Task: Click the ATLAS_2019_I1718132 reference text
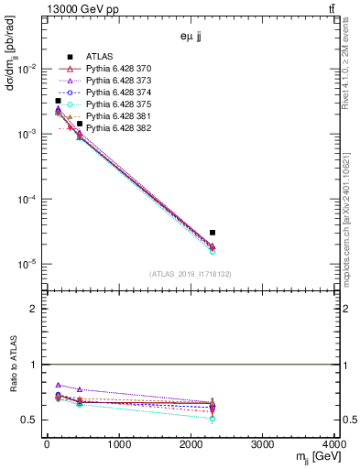(x=191, y=274)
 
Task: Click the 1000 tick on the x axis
(x=119, y=445)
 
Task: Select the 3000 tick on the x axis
(x=264, y=445)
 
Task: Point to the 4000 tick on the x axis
(x=333, y=445)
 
